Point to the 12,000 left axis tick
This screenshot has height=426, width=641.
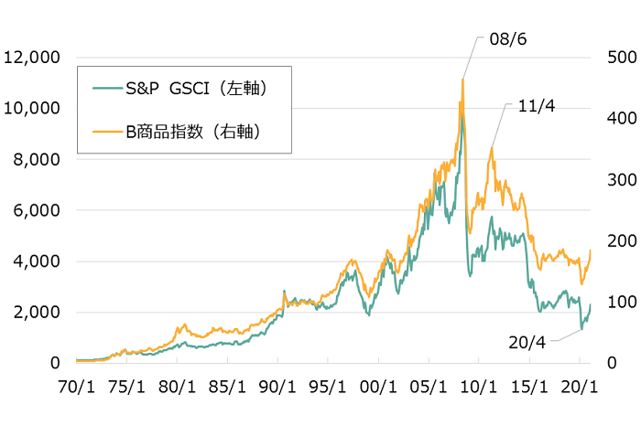32,57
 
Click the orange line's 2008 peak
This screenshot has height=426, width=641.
462,80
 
